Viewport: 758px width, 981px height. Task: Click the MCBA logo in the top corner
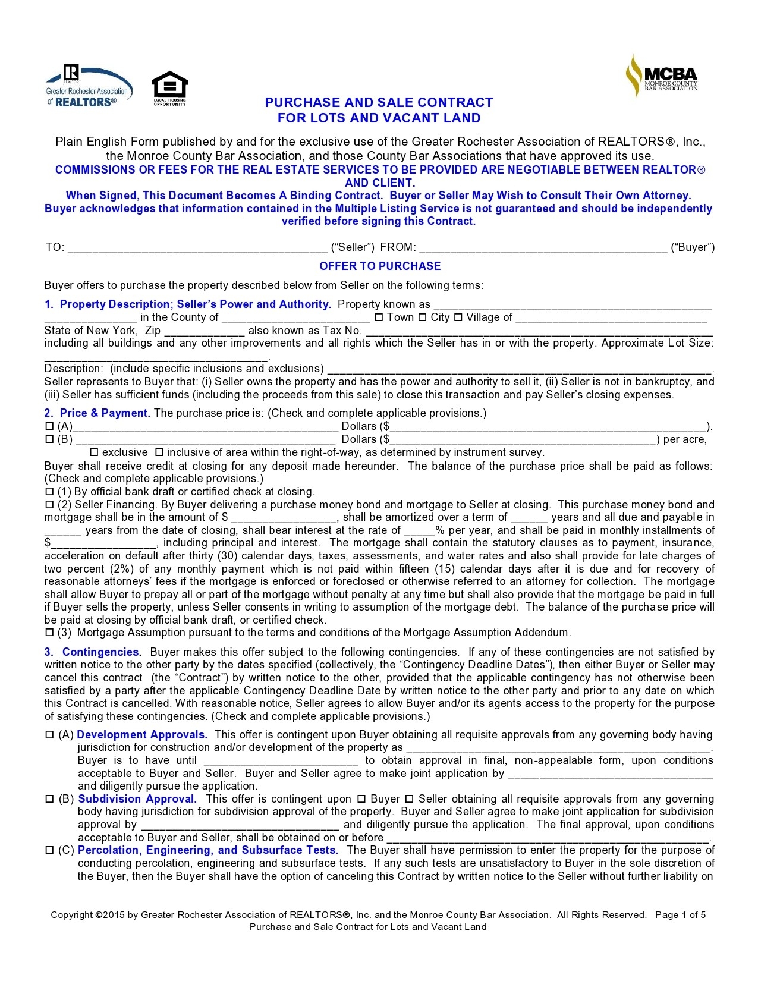coord(661,75)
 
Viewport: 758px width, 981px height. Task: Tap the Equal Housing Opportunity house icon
coord(170,88)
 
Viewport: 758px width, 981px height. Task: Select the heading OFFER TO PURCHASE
coord(380,266)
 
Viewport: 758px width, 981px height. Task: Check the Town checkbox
coord(379,317)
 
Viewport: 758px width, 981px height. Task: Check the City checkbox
coord(423,317)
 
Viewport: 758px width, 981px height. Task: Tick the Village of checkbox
coord(458,317)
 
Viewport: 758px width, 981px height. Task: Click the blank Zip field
coord(204,331)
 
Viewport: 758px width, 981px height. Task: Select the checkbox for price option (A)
coord(49,426)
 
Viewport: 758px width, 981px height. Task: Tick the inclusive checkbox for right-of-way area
coord(159,452)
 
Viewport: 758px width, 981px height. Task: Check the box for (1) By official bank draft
coord(49,492)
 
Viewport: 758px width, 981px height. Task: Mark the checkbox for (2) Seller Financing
coord(49,505)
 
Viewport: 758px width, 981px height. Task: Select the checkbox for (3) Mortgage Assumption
coord(49,633)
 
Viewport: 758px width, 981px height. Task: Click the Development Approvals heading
coord(141,735)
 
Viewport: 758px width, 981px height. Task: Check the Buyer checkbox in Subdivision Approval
coord(360,799)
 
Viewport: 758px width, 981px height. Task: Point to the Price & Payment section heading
coord(105,413)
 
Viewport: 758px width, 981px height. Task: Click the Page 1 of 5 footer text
coord(680,915)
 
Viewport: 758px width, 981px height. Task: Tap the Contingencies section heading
coord(102,652)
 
